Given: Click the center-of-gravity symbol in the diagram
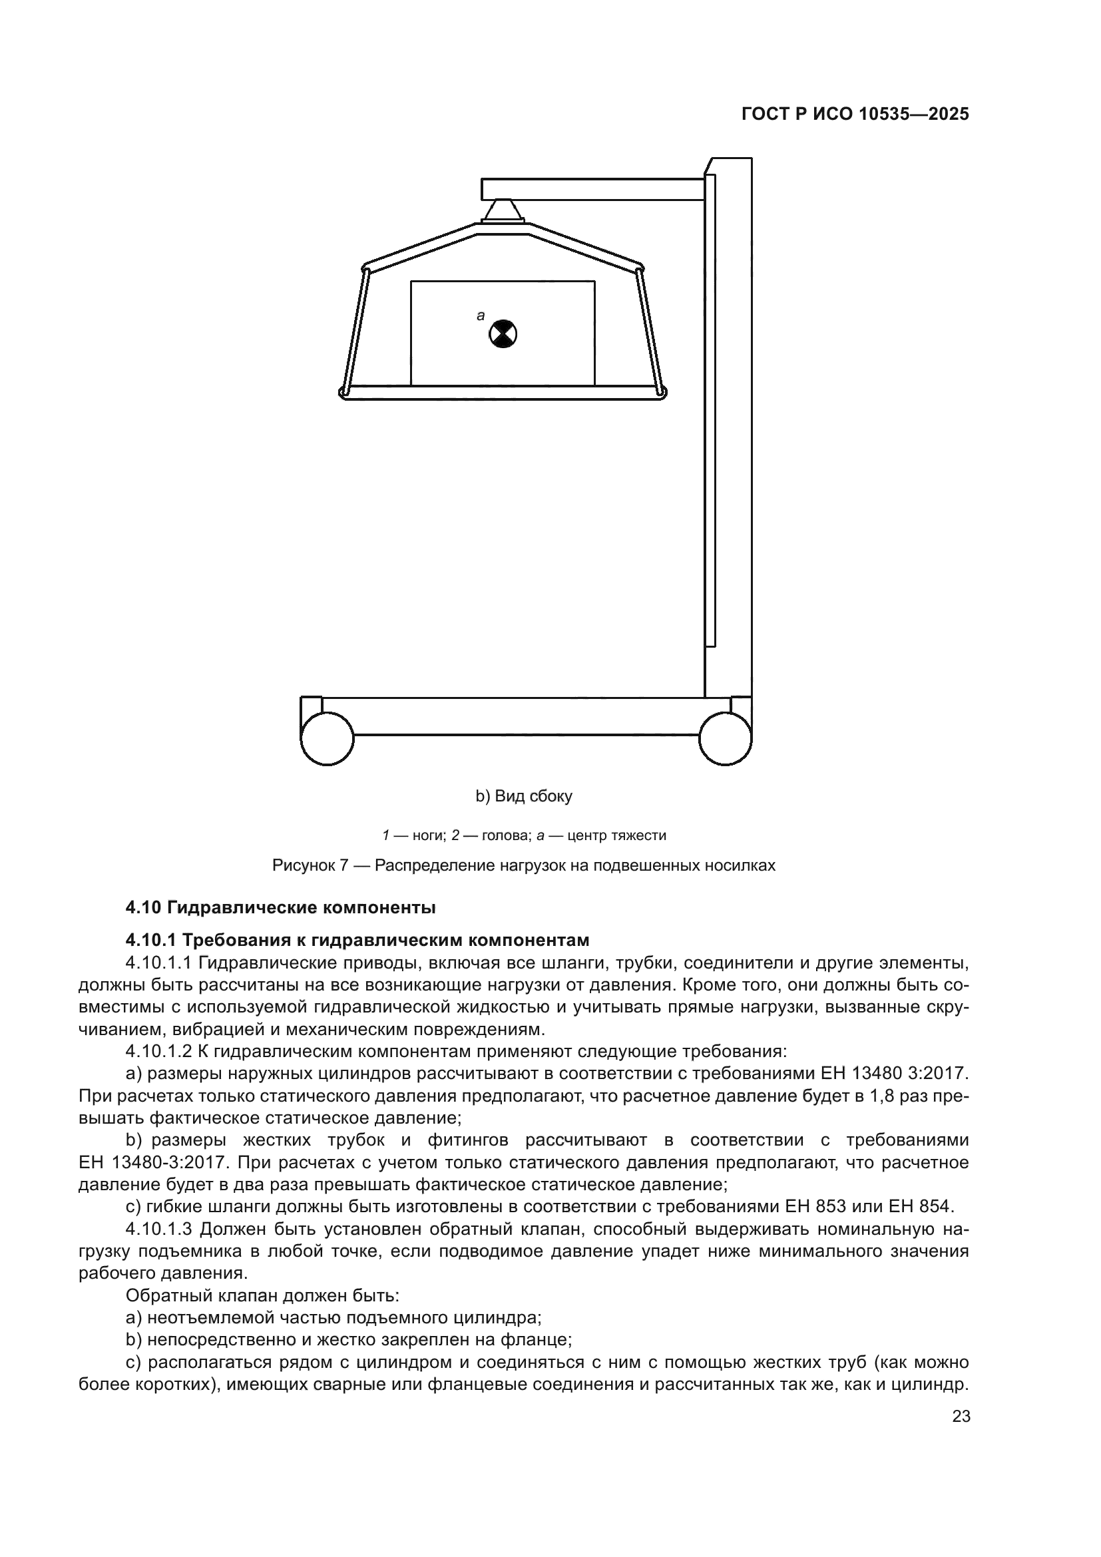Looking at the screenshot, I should (503, 334).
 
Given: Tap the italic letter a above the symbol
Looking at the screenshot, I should (481, 316).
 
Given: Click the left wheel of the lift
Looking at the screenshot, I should (327, 738).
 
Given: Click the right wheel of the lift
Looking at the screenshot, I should (725, 738).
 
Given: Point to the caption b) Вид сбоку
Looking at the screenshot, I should (523, 796).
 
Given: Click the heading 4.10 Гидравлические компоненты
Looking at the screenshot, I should (281, 907).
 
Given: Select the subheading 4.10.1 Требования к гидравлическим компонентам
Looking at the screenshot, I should (357, 941).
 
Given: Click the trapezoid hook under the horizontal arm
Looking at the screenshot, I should (502, 210).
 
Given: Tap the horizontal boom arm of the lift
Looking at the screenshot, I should (592, 189).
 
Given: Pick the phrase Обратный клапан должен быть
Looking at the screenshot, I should (262, 1296).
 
